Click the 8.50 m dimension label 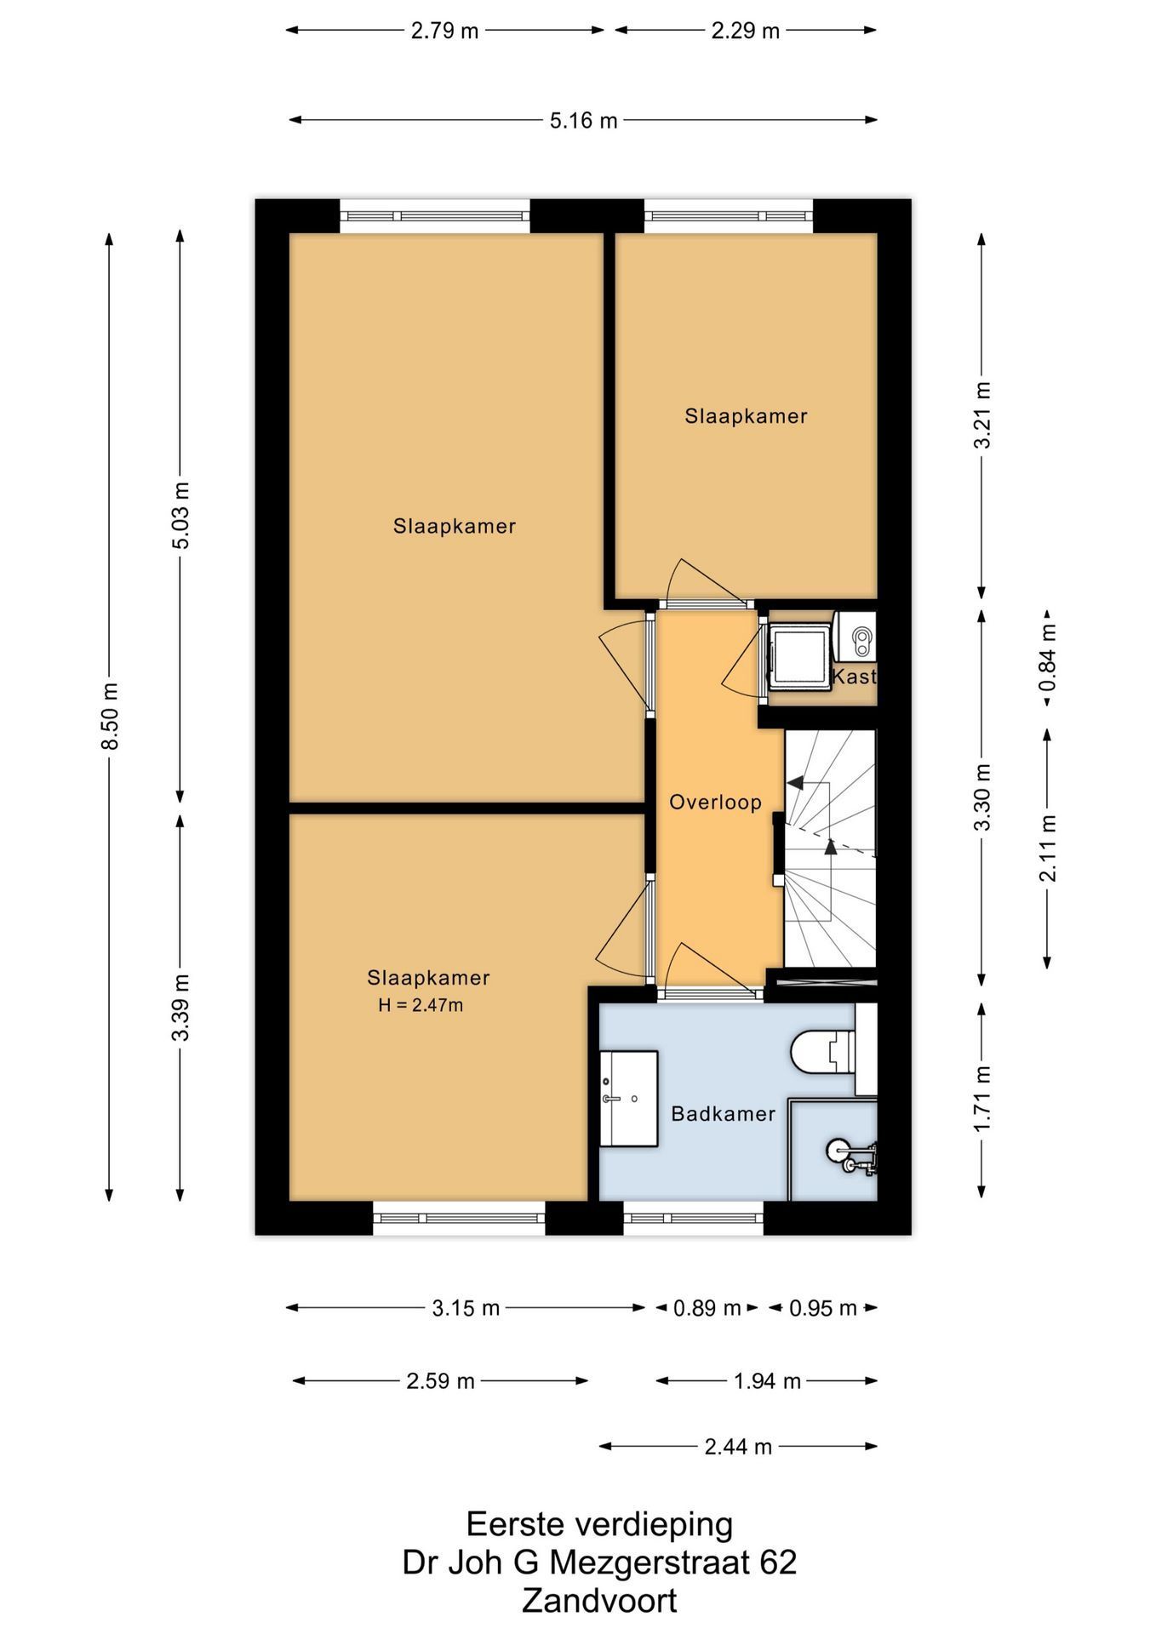coord(110,716)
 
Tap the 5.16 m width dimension coord(583,121)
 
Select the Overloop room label coord(715,802)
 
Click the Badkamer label coord(724,1113)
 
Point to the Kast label coord(854,677)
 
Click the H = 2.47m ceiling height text coord(421,1005)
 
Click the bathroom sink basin coord(629,1098)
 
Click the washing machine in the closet coord(799,657)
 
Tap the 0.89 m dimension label coord(707,1308)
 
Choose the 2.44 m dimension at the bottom coord(738,1446)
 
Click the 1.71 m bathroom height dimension coord(983,1099)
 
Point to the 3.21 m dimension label coord(983,415)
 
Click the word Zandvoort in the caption coord(599,1601)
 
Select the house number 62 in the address coord(780,1563)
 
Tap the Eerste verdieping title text coord(599,1523)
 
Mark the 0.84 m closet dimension coord(1048,657)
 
